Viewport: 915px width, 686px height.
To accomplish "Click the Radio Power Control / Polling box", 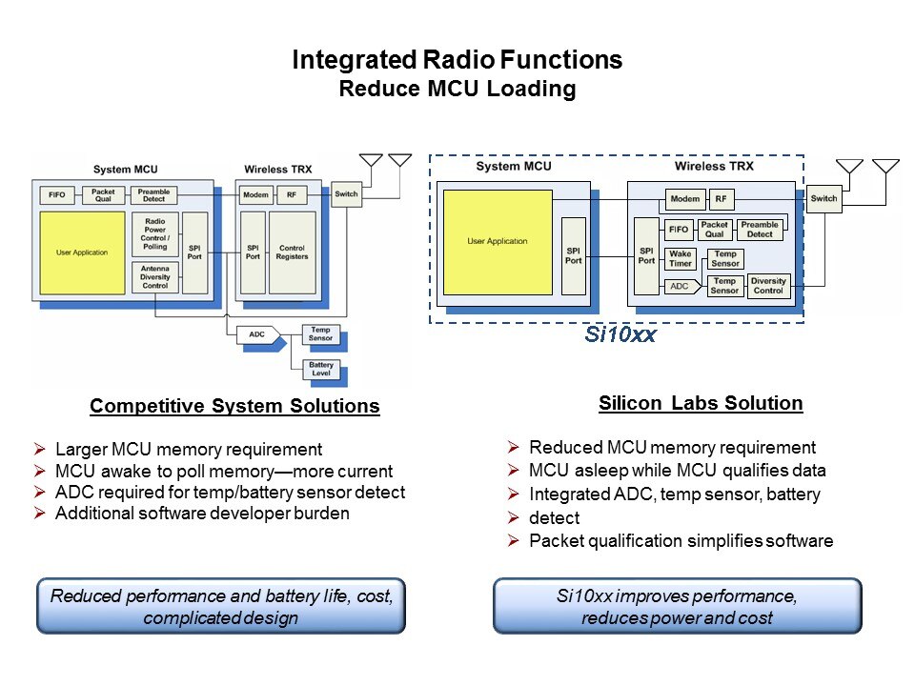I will (154, 234).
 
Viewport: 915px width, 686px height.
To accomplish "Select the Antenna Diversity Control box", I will (154, 277).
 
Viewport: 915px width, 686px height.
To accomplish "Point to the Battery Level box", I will (321, 370).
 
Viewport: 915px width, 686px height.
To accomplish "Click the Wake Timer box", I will (680, 259).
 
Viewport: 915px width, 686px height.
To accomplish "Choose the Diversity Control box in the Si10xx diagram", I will (768, 286).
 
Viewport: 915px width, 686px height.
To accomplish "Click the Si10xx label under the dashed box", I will (619, 335).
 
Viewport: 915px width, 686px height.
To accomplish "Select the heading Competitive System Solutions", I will (234, 407).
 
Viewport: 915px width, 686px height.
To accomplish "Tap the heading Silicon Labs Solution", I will (701, 403).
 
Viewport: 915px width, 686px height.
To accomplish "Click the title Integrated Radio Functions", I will (457, 60).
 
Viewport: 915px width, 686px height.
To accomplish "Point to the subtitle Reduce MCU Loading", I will (457, 90).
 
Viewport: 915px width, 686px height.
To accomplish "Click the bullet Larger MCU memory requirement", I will (189, 450).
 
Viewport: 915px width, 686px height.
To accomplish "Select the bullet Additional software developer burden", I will (202, 514).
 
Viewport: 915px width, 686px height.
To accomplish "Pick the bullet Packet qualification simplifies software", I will (681, 541).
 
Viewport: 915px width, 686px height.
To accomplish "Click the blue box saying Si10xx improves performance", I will (677, 605).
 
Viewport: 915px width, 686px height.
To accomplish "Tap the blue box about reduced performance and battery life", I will (221, 606).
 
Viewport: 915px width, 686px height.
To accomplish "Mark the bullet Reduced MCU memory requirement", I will (672, 448).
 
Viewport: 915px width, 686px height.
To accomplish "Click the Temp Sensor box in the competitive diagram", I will (321, 333).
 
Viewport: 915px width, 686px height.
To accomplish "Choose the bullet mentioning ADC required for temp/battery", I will (230, 493).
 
